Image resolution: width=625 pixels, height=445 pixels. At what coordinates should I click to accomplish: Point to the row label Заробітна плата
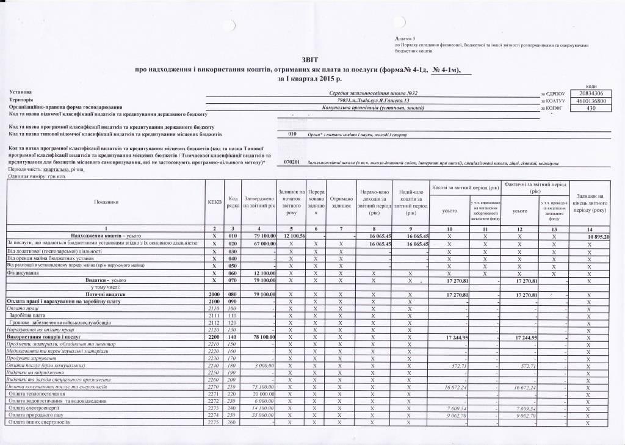pyautogui.click(x=28, y=316)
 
